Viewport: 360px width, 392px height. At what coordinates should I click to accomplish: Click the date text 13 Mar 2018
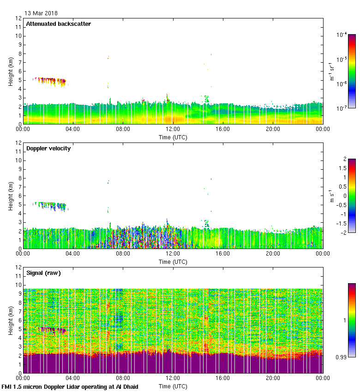tap(41, 13)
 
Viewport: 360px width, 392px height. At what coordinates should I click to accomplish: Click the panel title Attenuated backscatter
tap(58, 24)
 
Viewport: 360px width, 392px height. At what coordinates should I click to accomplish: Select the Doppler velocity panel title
tap(48, 148)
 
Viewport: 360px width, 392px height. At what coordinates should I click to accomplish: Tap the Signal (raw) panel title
tap(43, 273)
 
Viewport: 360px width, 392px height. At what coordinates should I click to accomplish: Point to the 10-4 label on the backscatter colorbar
tap(342, 35)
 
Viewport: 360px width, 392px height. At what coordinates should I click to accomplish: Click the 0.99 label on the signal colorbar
tap(341, 357)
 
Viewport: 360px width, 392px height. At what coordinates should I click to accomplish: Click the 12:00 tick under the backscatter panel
tap(173, 130)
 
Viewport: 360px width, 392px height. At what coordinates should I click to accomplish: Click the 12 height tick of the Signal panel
tap(19, 267)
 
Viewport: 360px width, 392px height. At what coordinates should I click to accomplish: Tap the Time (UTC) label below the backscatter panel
tap(173, 137)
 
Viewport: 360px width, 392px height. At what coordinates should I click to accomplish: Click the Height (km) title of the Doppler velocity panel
tap(11, 196)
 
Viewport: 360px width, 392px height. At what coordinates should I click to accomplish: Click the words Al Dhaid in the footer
tap(126, 386)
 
